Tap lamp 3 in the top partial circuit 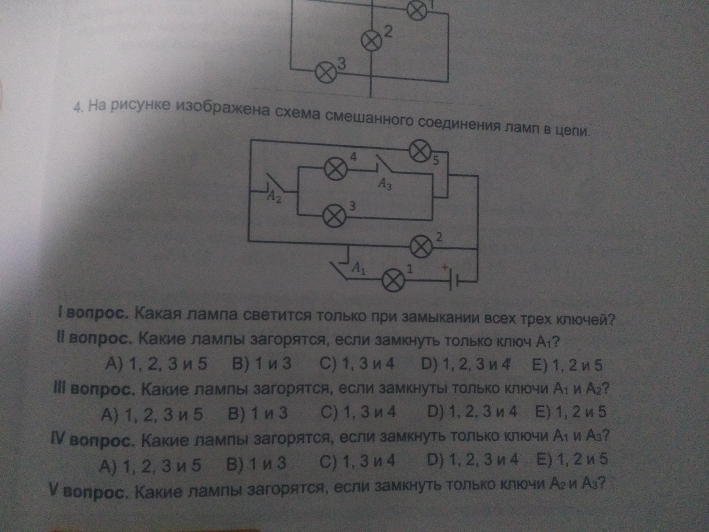(326, 73)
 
